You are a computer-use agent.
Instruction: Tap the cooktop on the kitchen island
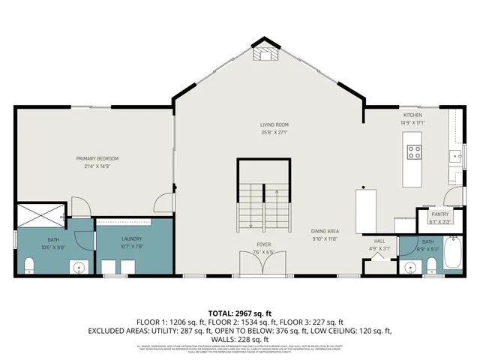pyautogui.click(x=414, y=152)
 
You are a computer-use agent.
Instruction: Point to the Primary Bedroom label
pyautogui.click(x=97, y=158)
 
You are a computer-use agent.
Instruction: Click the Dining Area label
pyautogui.click(x=326, y=232)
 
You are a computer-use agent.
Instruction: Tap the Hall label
pyautogui.click(x=380, y=241)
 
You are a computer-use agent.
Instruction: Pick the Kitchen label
pyautogui.click(x=413, y=115)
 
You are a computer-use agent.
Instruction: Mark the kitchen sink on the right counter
pyautogui.click(x=455, y=157)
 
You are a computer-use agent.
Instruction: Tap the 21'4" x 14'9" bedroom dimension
pyautogui.click(x=97, y=166)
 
